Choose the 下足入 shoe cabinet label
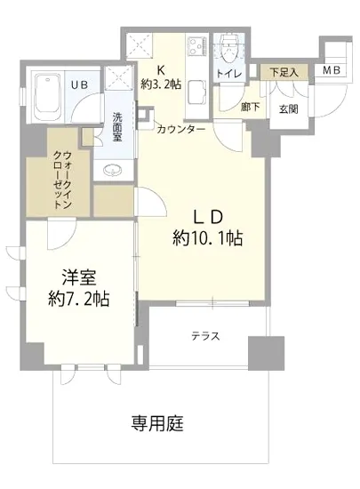(x=284, y=70)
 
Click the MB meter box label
(x=330, y=70)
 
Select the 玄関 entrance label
(x=288, y=108)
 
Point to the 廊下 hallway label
(x=250, y=106)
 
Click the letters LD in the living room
(x=207, y=216)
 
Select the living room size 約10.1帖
(x=208, y=238)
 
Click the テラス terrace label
(x=204, y=336)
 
